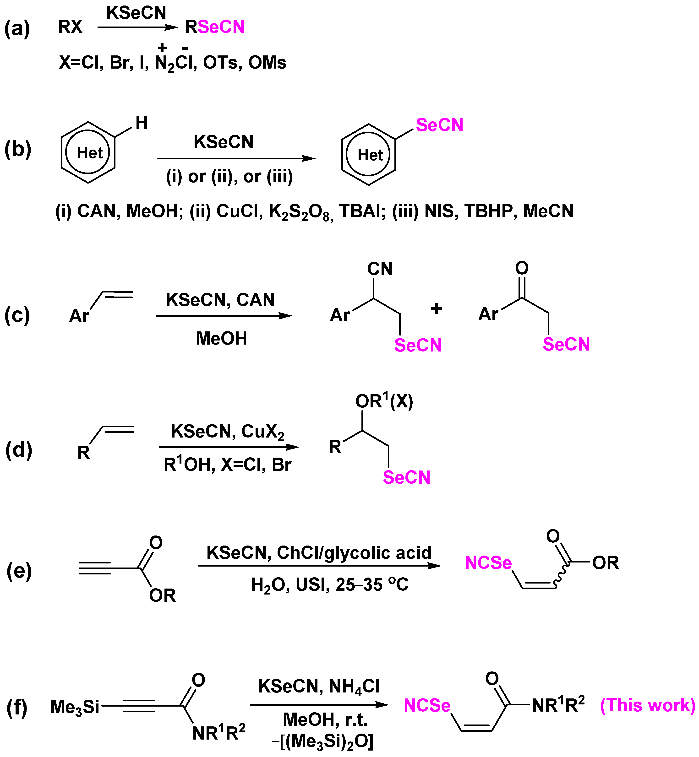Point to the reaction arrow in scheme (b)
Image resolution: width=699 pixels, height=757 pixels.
[x=236, y=158]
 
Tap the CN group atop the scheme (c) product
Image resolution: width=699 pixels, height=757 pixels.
[x=380, y=269]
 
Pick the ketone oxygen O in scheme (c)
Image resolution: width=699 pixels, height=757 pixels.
[x=522, y=268]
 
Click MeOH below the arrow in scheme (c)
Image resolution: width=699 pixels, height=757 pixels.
[x=221, y=338]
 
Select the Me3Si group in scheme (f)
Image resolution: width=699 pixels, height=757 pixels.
[x=75, y=707]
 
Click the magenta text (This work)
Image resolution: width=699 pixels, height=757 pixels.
[x=648, y=705]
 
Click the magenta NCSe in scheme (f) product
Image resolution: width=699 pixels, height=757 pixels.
[x=427, y=705]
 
